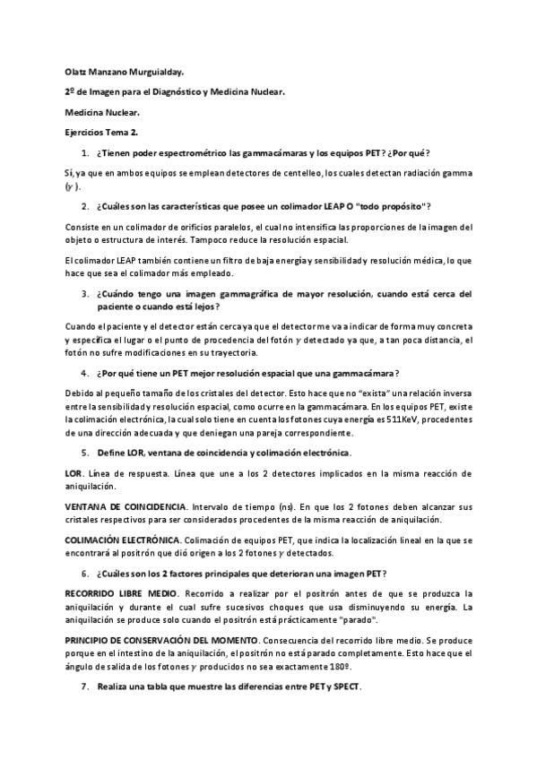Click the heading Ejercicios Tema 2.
(x=101, y=133)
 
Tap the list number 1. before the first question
(x=85, y=153)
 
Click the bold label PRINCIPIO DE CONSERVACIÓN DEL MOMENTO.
(x=167, y=642)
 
